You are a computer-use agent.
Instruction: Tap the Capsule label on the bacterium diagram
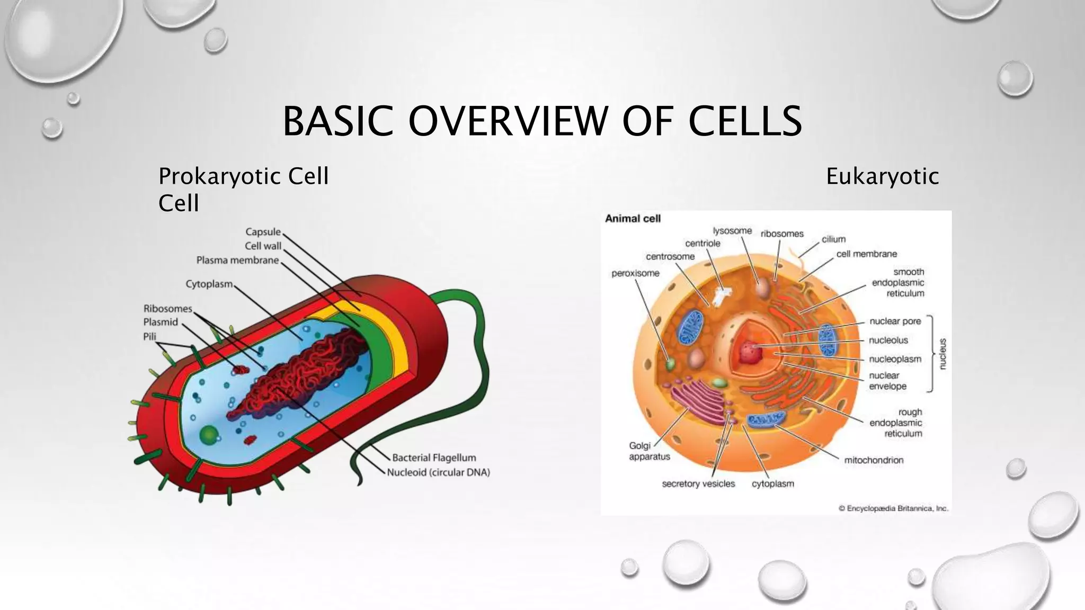263,232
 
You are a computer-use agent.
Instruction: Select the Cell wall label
263,246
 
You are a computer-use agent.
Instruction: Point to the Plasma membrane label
237,261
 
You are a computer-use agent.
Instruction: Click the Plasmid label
161,322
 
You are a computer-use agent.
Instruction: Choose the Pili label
150,336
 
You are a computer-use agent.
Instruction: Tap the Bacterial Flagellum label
434,457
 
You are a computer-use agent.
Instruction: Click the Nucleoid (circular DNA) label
438,472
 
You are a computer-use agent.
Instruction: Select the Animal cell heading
633,219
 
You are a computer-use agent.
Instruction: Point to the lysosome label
732,231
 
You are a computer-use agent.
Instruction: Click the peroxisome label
635,273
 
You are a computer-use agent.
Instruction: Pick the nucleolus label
888,340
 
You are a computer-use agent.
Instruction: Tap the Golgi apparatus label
649,451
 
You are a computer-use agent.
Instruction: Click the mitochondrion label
874,460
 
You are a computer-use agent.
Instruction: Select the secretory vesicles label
698,483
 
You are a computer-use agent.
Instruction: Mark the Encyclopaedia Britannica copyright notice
893,508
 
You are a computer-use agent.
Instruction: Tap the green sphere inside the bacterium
209,435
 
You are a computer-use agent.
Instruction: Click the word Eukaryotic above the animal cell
882,176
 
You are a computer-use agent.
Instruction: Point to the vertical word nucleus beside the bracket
942,353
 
